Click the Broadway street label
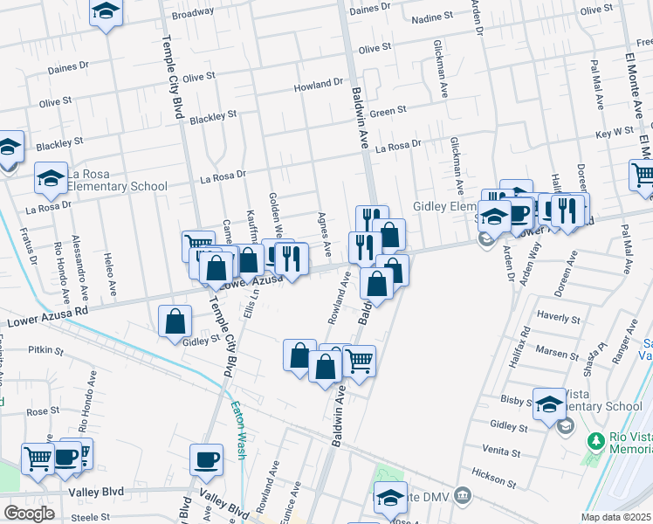point(192,13)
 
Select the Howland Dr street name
point(318,85)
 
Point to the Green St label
point(388,111)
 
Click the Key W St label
point(614,131)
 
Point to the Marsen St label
point(552,352)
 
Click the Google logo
point(29,514)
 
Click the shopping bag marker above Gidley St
point(175,321)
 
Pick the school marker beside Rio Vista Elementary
point(549,403)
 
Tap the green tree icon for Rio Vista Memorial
point(596,441)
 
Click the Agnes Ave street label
point(324,234)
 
